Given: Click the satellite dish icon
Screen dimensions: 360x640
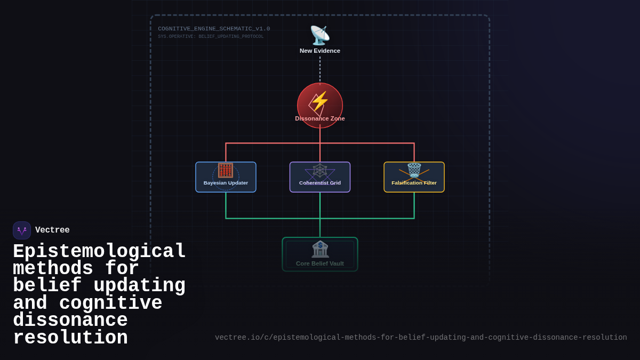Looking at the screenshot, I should [320, 36].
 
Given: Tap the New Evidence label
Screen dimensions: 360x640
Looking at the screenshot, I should [320, 51].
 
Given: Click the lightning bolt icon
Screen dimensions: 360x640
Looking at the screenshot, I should [320, 101].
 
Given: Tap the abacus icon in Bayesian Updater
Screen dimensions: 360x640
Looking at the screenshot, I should [226, 170].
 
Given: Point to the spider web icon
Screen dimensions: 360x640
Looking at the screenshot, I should [320, 171].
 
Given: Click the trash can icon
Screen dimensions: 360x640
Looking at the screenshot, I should [414, 170].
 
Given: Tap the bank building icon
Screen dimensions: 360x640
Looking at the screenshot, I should [320, 249].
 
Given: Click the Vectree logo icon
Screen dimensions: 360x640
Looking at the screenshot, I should [22, 230].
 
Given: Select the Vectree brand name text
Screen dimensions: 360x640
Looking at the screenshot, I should [52, 230].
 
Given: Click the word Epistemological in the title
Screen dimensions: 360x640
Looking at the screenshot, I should [99, 252].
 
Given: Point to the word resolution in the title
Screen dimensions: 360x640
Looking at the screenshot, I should [70, 338].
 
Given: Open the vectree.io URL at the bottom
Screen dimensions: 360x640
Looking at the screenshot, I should [421, 338].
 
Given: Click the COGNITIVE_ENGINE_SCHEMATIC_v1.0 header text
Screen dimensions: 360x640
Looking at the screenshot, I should [214, 29].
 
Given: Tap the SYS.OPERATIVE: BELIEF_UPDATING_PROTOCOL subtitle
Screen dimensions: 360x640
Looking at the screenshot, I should [211, 37].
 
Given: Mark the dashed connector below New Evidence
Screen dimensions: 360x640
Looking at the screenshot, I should [320, 69].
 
